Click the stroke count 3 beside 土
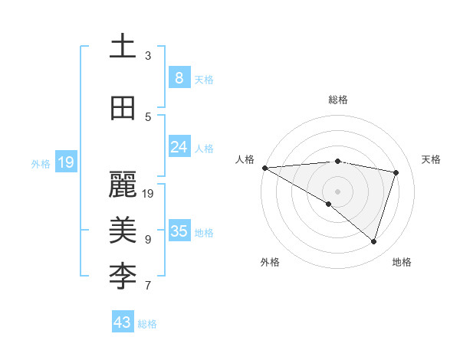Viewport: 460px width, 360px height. coord(148,56)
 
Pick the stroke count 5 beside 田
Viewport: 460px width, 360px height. coord(148,117)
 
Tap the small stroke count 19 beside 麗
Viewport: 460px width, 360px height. coord(148,194)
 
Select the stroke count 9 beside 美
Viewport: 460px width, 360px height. coord(148,240)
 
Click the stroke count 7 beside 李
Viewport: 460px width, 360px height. coord(148,286)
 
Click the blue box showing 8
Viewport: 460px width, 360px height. coord(179,77)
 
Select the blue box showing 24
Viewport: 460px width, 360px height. coord(179,147)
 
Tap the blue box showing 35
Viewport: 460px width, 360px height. coord(179,231)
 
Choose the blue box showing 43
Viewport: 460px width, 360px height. coord(122,322)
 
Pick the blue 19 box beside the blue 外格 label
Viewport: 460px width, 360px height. coord(65,162)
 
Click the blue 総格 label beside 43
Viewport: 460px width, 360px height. coord(147,324)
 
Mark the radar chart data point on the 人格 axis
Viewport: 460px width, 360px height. coord(264,168)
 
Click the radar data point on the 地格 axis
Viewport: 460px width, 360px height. coord(374,242)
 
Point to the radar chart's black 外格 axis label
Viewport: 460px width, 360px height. coord(270,262)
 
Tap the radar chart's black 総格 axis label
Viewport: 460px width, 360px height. coord(337,100)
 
